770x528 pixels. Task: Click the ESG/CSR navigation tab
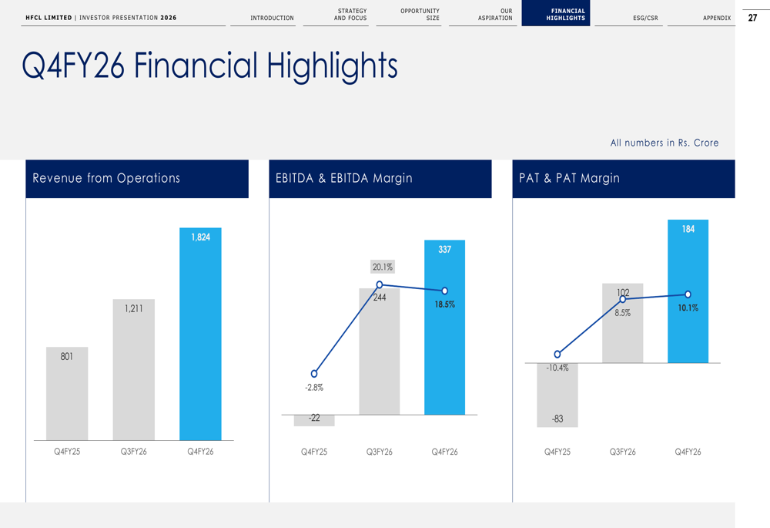(645, 18)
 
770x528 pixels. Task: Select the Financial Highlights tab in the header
(565, 14)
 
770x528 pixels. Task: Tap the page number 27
(752, 18)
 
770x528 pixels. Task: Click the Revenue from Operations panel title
(106, 178)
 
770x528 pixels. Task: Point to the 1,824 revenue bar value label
(200, 237)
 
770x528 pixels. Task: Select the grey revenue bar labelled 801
(67, 393)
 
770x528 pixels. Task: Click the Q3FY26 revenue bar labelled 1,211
(133, 370)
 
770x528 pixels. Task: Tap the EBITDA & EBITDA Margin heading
(343, 178)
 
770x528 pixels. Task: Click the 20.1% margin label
(382, 267)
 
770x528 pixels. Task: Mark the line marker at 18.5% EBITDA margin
(444, 291)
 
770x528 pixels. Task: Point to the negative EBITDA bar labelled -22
(314, 420)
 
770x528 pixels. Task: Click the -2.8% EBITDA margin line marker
(314, 374)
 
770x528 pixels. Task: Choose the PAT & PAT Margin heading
(569, 178)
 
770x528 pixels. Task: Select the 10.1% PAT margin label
(688, 308)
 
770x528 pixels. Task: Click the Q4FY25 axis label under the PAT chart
(557, 452)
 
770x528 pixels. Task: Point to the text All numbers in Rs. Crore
(664, 143)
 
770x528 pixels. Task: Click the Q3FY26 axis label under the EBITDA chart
(379, 452)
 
